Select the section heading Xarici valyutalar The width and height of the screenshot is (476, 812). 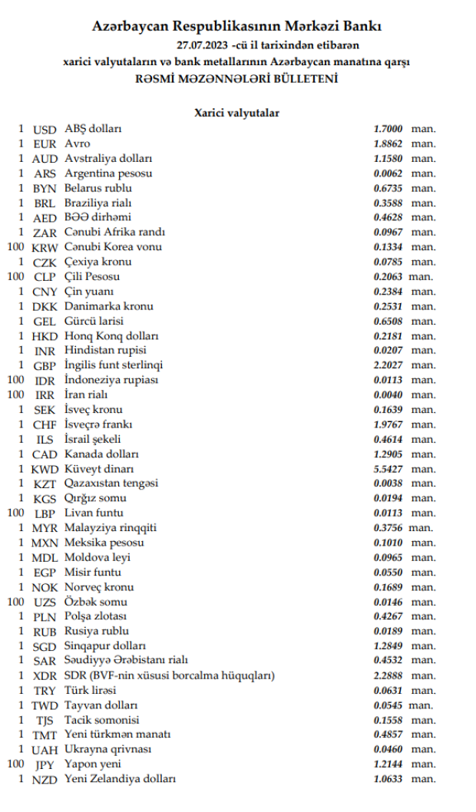pos(237,113)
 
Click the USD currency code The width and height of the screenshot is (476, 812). pos(45,129)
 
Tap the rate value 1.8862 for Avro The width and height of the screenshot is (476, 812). pos(388,144)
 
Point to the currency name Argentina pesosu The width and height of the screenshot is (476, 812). pos(108,173)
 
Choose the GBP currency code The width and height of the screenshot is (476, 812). pos(45,365)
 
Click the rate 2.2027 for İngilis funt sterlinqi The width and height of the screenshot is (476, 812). pos(388,365)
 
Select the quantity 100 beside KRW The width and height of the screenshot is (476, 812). pos(15,247)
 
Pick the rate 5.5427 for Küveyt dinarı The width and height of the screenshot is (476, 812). pos(388,469)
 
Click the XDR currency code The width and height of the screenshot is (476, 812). pos(45,676)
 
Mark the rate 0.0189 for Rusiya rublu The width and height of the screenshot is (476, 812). pos(388,632)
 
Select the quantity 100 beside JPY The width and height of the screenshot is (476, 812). pos(15,764)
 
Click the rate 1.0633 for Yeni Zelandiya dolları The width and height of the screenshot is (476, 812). pos(388,779)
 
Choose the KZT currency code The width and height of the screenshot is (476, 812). pos(45,484)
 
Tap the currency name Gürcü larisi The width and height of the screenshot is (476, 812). pos(94,321)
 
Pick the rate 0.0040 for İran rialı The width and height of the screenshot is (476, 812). pos(388,395)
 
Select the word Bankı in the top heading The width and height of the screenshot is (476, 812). pos(362,27)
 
